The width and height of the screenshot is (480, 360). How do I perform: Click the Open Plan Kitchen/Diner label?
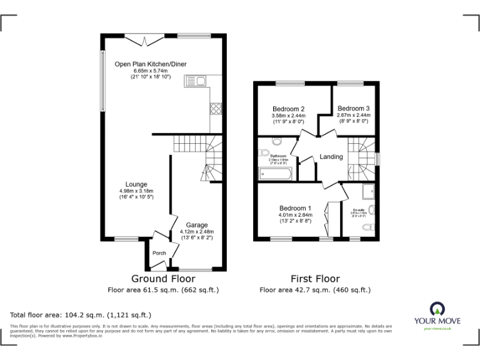150,64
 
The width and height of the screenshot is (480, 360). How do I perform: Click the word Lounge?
136,184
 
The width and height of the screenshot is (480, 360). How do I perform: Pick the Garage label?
196,224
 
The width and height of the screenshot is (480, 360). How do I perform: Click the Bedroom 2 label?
288,108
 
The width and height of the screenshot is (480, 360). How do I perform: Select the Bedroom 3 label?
354,107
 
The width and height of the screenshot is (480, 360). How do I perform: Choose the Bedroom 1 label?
296,208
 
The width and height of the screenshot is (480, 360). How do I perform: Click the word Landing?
331,156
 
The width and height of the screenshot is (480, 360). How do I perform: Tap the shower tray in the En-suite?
367,190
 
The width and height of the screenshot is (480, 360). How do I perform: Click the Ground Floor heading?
163,279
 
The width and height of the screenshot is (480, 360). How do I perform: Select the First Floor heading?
315,279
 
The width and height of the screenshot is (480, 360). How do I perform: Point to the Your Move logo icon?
435,309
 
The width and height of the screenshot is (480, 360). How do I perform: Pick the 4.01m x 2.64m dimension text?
296,216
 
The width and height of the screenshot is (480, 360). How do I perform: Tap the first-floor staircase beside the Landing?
361,158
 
